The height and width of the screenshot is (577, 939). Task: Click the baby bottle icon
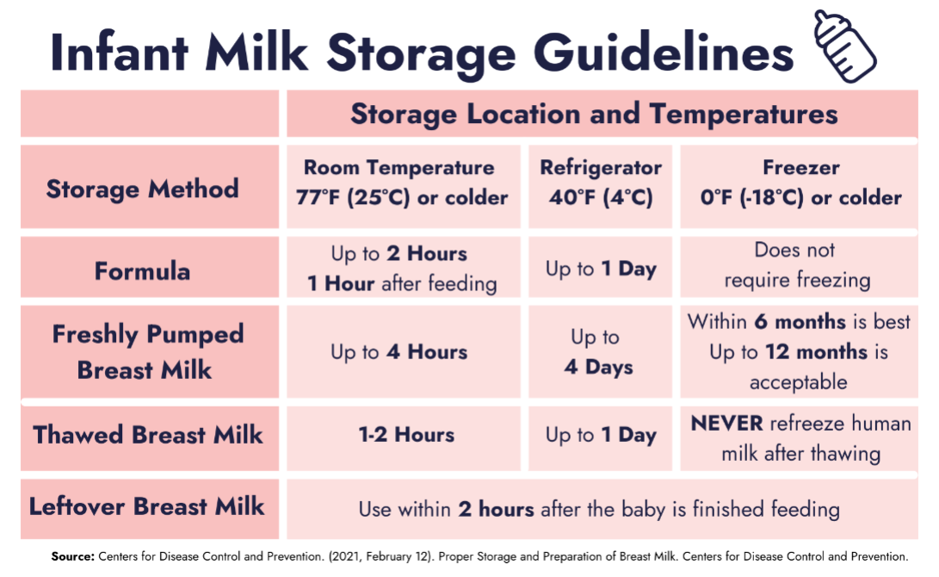(x=845, y=47)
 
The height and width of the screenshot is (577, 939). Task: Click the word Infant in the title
(x=119, y=53)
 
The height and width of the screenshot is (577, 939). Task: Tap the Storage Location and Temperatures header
(x=594, y=114)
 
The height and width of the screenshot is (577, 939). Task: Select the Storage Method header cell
(x=150, y=187)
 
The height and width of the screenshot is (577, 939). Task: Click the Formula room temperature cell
(x=403, y=267)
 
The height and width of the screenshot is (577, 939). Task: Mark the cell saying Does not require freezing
(x=799, y=267)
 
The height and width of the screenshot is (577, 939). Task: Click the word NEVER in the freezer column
(x=727, y=424)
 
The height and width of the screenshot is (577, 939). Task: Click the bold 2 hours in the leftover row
(x=496, y=509)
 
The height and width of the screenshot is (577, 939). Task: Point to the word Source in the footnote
(x=73, y=556)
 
